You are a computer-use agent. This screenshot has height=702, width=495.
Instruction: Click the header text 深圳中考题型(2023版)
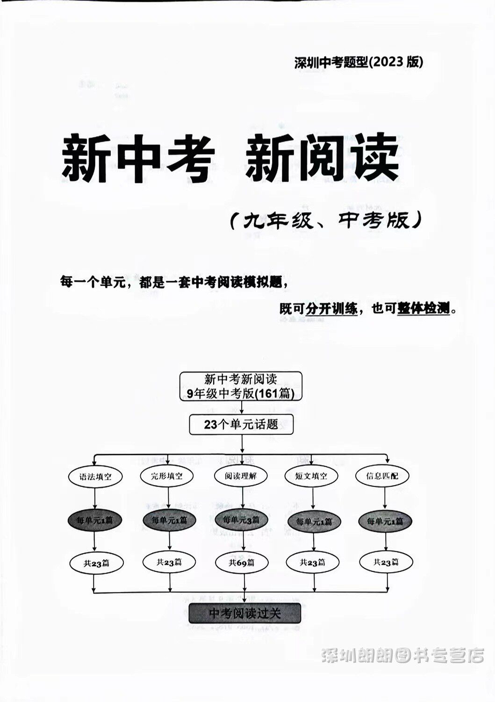coord(359,62)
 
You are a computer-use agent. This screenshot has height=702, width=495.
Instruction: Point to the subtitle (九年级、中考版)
coord(326,220)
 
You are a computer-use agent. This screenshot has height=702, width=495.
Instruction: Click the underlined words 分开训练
coord(331,309)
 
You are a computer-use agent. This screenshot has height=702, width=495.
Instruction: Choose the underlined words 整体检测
coord(423,309)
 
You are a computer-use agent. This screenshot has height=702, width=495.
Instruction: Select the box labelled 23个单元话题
coord(241,425)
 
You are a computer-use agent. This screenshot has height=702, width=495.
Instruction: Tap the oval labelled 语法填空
coord(95,477)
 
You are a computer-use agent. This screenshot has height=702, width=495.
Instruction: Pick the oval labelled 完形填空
coord(167,476)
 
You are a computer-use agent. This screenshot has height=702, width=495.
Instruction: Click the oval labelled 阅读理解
coord(241,476)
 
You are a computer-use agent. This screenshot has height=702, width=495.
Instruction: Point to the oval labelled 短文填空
coord(312,476)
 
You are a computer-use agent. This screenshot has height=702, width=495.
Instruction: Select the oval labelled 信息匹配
coord(383,476)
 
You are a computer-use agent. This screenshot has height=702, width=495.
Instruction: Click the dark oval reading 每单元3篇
coord(241,519)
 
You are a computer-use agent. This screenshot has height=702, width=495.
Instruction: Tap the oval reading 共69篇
coord(241,563)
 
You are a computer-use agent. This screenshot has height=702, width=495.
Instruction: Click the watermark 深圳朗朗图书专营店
coord(402,656)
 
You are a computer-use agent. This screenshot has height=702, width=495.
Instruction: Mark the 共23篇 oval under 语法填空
coord(96,563)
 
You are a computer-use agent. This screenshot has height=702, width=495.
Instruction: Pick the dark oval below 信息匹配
coord(385,521)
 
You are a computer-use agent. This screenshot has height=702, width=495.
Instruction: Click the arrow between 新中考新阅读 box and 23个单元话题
coord(242,407)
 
